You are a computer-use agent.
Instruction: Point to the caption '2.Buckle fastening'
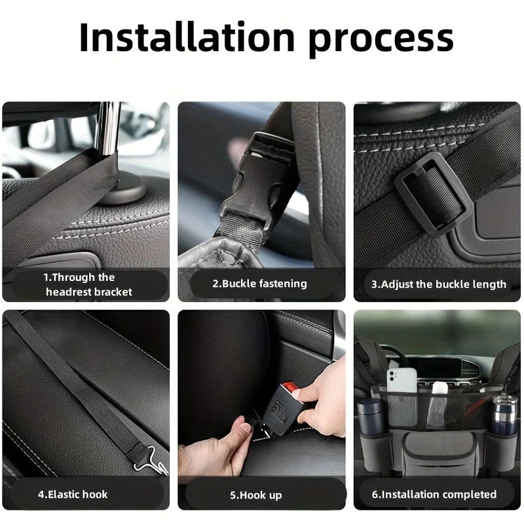259,284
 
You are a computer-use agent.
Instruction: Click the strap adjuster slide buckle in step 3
432,191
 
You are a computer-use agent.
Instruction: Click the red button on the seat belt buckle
296,396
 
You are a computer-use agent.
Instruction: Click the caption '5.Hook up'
256,495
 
